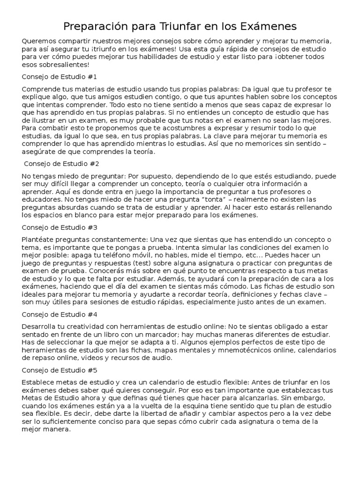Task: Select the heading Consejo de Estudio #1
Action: coord(59,76)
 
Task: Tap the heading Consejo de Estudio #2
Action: coord(61,164)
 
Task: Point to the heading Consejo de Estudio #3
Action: coord(59,227)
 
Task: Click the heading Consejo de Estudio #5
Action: coord(59,369)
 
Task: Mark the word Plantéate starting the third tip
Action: coord(38,240)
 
